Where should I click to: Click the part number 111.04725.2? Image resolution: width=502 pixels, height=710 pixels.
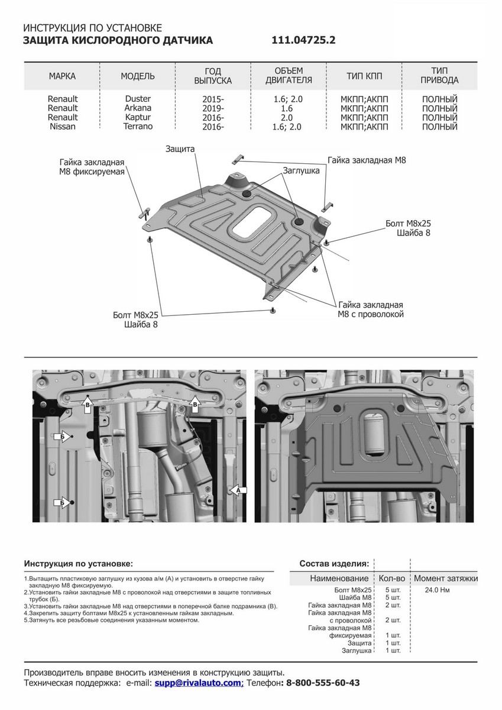pyautogui.click(x=303, y=41)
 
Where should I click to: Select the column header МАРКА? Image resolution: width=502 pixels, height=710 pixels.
pyautogui.click(x=62, y=76)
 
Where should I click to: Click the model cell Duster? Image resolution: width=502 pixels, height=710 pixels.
pyautogui.click(x=138, y=99)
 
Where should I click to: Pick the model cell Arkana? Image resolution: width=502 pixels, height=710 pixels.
pyautogui.click(x=138, y=108)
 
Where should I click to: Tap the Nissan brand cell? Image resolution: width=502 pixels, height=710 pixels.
pyautogui.click(x=62, y=127)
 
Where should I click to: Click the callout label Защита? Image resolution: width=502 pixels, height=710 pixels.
pyautogui.click(x=180, y=150)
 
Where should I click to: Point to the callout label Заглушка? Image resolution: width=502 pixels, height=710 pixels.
pyautogui.click(x=301, y=170)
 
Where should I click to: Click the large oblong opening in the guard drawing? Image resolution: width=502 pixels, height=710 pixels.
pyautogui.click(x=251, y=223)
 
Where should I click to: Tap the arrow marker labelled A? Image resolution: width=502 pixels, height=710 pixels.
pyautogui.click(x=238, y=490)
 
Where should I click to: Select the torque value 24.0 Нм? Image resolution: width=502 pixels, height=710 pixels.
pyautogui.click(x=437, y=590)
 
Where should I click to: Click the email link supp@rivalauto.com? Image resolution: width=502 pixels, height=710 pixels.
pyautogui.click(x=199, y=683)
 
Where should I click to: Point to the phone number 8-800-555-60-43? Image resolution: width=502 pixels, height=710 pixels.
pyautogui.click(x=322, y=683)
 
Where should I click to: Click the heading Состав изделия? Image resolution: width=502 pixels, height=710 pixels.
pyautogui.click(x=334, y=563)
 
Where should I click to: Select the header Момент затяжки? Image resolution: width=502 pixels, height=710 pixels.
pyautogui.click(x=445, y=578)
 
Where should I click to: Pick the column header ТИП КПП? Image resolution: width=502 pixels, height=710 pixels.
pyautogui.click(x=364, y=76)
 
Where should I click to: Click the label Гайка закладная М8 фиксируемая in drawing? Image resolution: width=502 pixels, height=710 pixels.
pyautogui.click(x=92, y=167)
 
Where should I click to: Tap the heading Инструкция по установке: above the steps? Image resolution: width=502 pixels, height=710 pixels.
pyautogui.click(x=79, y=563)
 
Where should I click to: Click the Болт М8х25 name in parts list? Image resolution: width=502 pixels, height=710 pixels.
pyautogui.click(x=354, y=590)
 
